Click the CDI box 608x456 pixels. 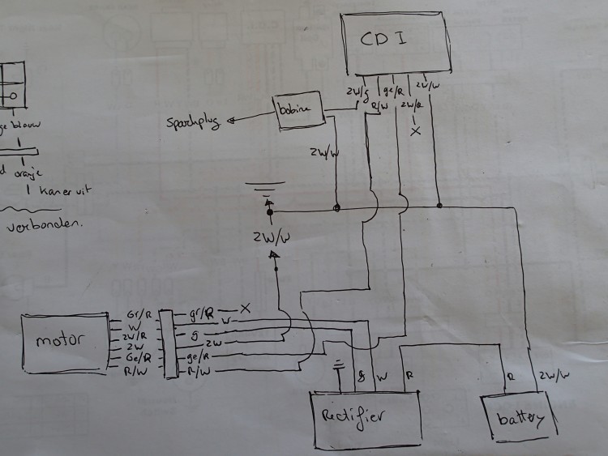[395, 44]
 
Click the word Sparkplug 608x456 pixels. [195, 123]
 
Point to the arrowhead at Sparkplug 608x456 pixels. [233, 121]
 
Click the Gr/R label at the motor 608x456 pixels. [136, 313]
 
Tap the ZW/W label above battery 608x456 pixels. [551, 375]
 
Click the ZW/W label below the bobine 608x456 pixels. [325, 153]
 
